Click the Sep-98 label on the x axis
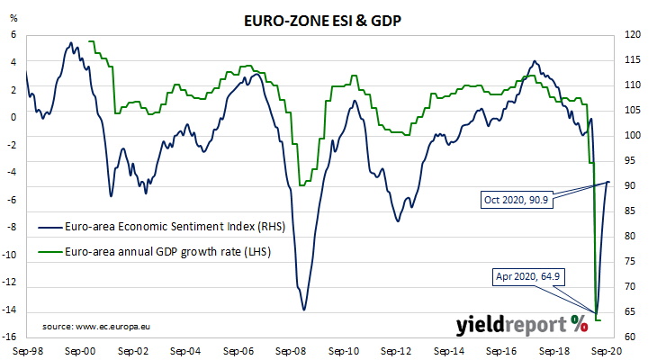point(29,350)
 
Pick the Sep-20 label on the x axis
point(604,350)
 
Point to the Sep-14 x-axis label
point(448,350)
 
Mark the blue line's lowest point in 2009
point(304,310)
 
